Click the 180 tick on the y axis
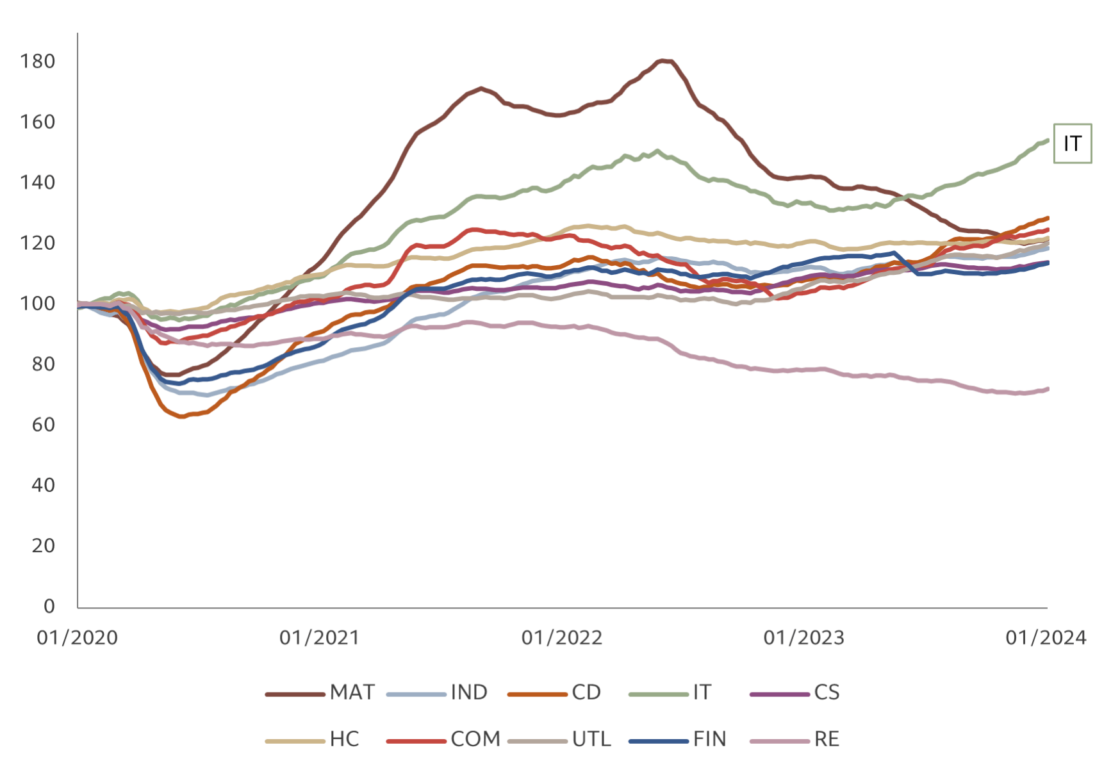38,61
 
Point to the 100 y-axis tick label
38,304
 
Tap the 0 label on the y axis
49,606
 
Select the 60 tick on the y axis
44,425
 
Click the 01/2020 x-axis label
78,638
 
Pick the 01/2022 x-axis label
562,638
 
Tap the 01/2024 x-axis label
1046,638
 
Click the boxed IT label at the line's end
1072,143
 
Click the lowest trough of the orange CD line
182,417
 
